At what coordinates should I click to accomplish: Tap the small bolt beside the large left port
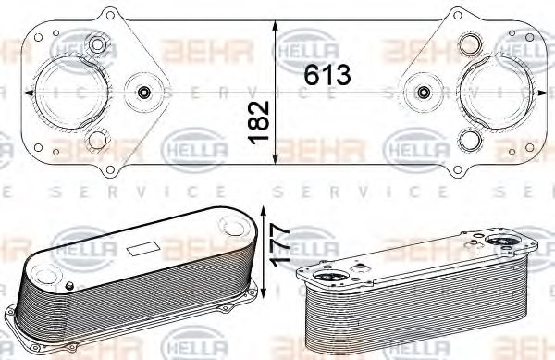click(x=143, y=93)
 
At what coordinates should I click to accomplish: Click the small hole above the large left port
click(x=96, y=44)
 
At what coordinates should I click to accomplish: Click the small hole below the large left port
click(x=96, y=142)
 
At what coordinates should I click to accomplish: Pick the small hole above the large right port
click(x=470, y=44)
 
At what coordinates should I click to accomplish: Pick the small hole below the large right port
click(x=470, y=142)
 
